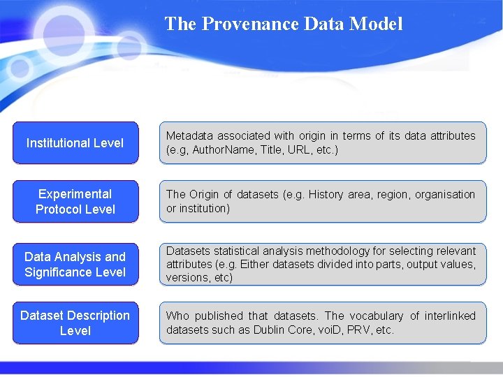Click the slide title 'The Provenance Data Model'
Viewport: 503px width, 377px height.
284,24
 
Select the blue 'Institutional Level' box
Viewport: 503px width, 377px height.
75,143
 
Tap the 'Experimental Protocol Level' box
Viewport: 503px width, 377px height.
75,202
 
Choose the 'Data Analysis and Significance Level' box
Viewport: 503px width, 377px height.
75,265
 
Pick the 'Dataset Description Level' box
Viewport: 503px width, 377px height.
75,323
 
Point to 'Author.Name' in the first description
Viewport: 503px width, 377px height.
223,150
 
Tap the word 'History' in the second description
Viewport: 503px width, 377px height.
327,195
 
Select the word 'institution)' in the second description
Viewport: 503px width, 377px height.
204,208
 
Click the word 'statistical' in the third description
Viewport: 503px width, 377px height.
235,251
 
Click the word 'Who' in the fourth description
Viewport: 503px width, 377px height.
177,316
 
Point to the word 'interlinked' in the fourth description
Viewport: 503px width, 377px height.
448,316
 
